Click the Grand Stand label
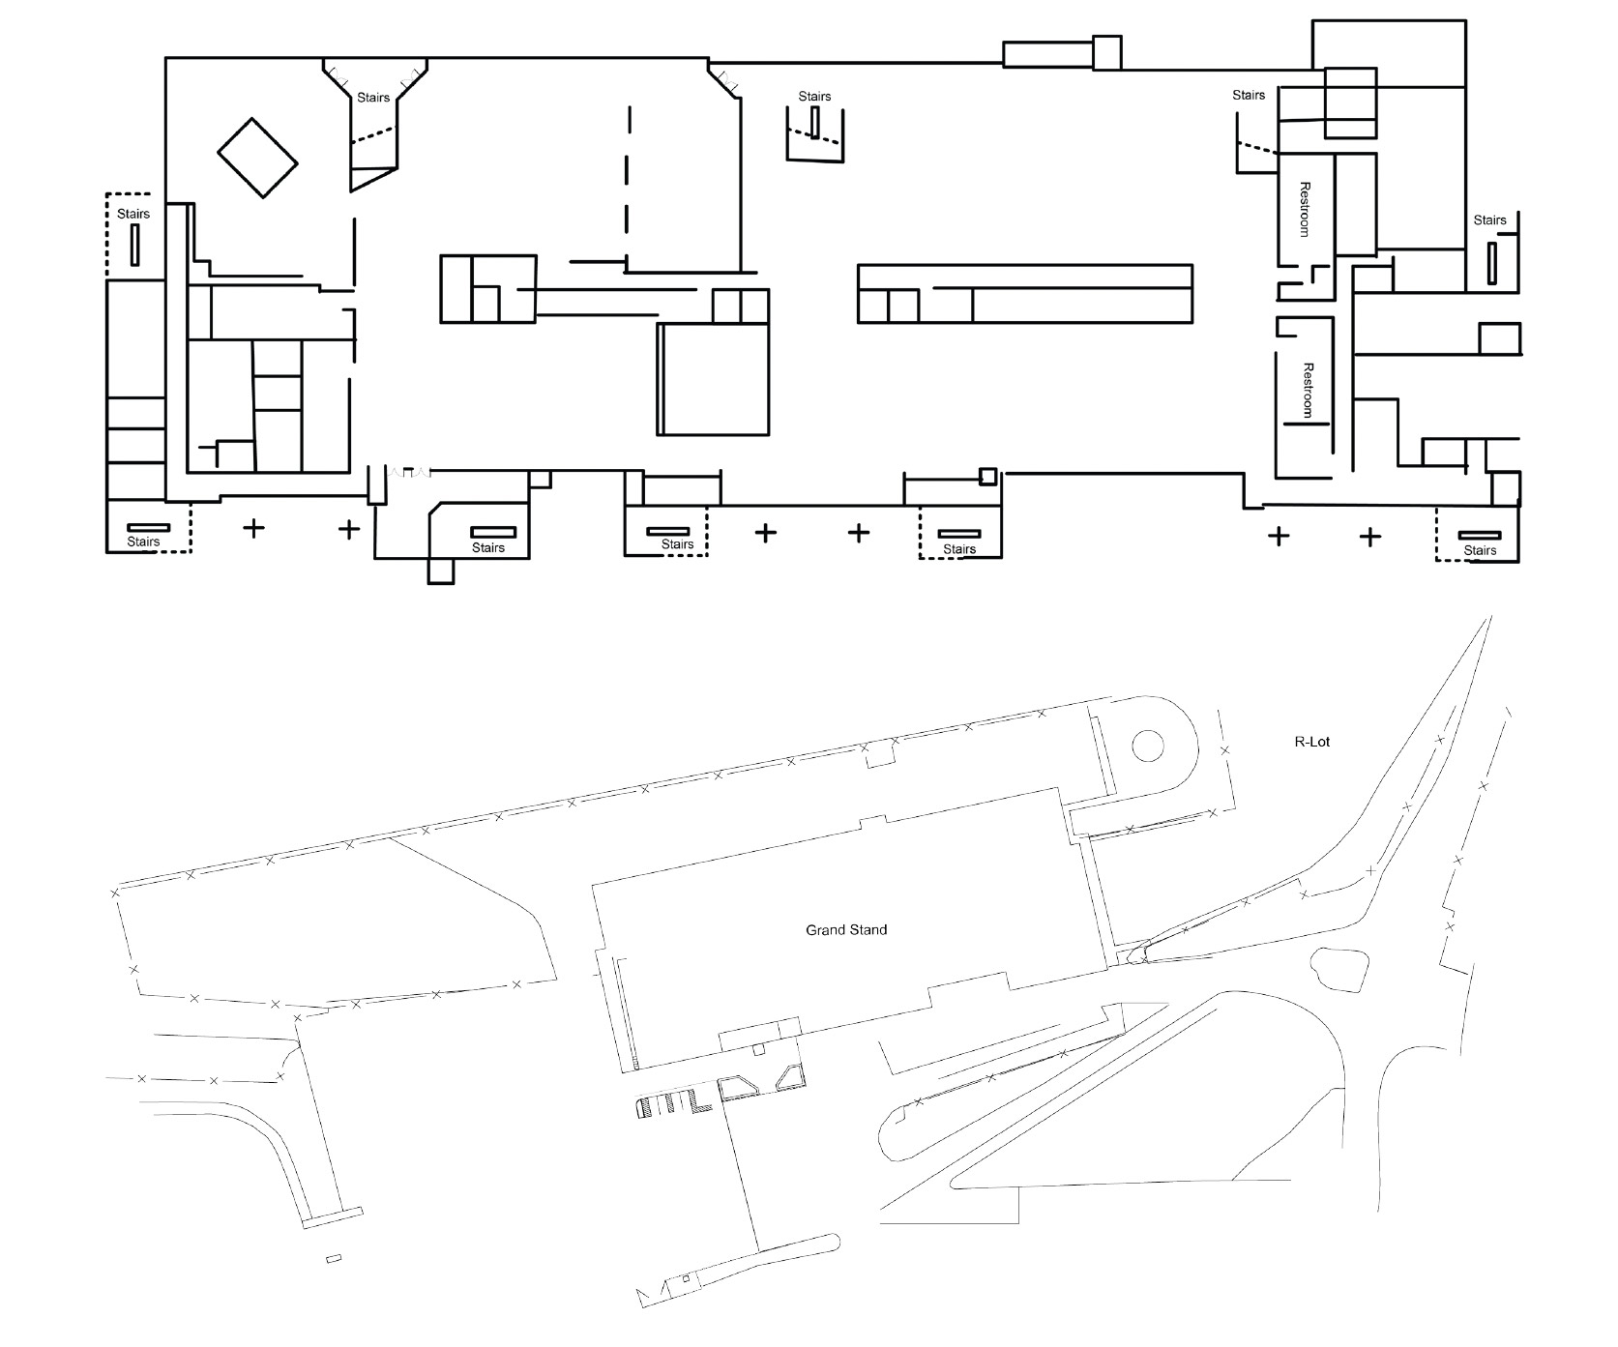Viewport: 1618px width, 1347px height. coord(846,930)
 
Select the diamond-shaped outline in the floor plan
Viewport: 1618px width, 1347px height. coord(257,159)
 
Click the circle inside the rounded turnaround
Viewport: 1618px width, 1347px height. coord(1148,746)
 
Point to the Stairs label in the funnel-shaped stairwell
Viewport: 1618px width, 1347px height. coord(373,98)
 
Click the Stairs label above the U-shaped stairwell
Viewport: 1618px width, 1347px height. coord(814,97)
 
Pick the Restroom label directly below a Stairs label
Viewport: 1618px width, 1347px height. coord(1304,209)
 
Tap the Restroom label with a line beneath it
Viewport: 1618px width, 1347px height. coord(1309,390)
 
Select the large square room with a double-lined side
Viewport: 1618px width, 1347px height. coord(714,379)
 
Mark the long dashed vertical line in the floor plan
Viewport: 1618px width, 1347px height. coord(629,188)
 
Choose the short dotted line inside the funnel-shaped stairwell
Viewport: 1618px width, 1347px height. coord(373,136)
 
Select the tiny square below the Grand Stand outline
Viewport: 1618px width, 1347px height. coord(759,1049)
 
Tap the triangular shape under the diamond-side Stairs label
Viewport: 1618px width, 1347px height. coord(374,179)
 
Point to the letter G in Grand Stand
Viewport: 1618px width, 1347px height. coord(811,930)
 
